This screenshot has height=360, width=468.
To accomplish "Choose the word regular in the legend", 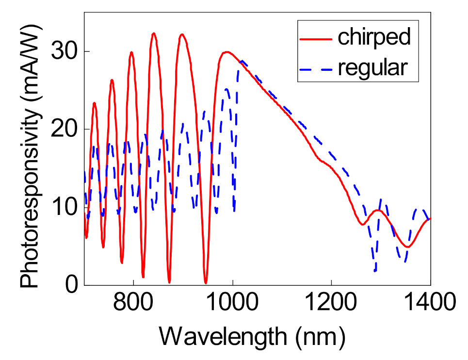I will point(372,68).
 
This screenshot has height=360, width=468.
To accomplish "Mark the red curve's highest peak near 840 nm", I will point(154,33).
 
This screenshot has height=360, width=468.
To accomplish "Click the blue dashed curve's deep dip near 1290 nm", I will point(375,271).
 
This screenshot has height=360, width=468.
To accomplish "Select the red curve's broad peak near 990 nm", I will point(226,52).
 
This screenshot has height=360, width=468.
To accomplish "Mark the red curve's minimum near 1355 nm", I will point(408,247).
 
